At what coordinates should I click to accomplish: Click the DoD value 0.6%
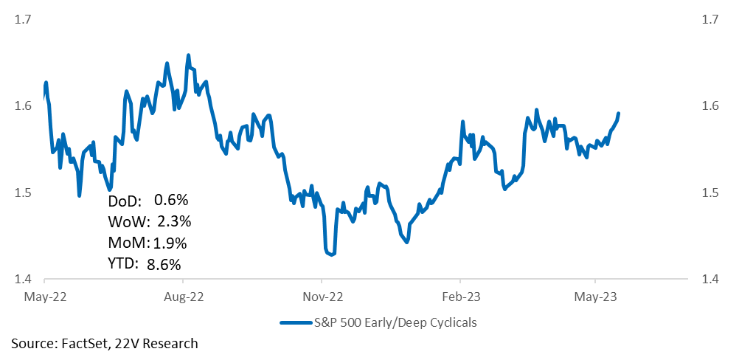(x=171, y=200)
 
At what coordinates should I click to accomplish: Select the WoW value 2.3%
(x=173, y=221)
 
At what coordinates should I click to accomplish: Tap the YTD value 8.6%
(x=164, y=265)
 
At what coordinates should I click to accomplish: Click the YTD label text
(x=123, y=265)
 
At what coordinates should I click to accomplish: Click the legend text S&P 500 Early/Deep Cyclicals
(x=396, y=323)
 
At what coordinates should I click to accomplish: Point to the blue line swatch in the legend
(x=297, y=323)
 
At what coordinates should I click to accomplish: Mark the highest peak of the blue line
(x=188, y=55)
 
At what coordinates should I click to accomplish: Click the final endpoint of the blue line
(x=618, y=114)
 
